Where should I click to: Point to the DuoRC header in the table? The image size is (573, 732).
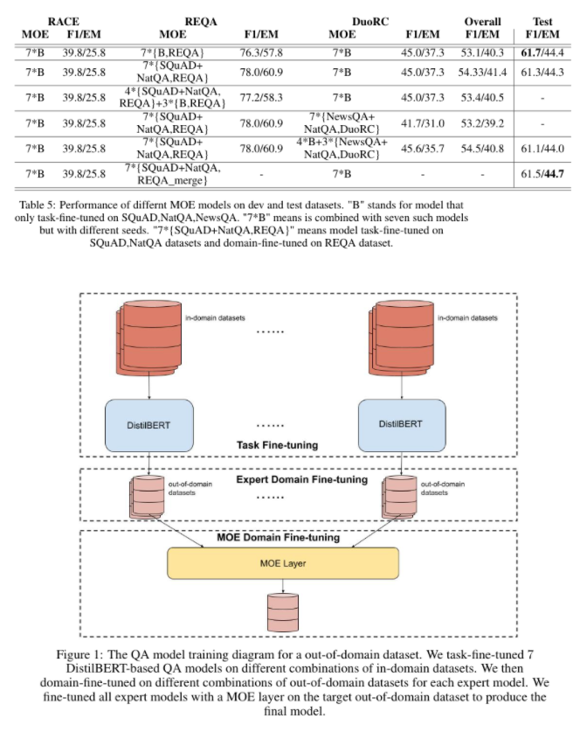[367, 20]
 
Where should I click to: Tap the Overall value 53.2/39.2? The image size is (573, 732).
[477, 122]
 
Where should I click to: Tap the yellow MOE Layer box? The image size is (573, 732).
[282, 564]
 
